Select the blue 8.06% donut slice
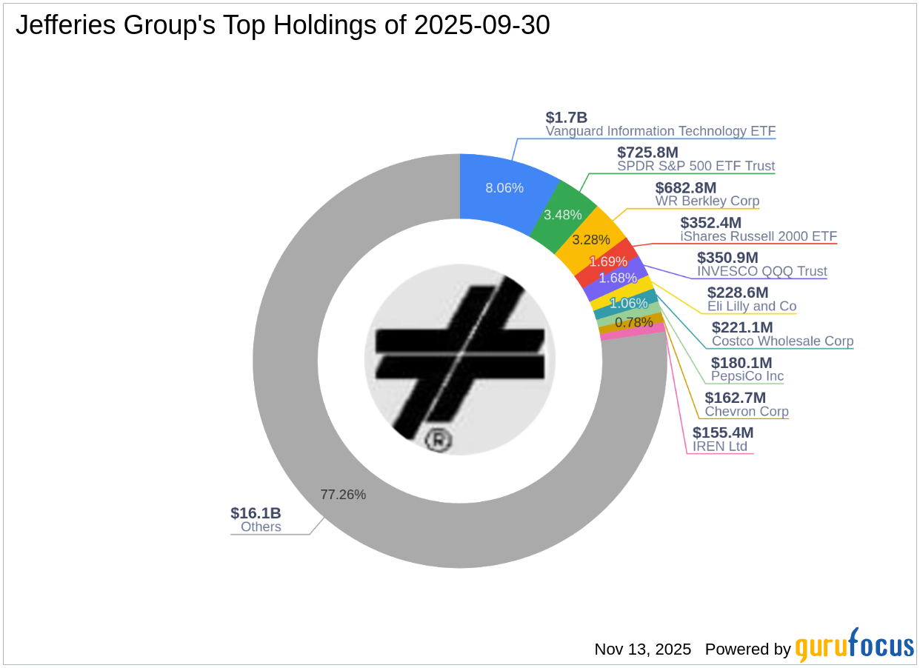click(504, 187)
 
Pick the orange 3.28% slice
click(592, 240)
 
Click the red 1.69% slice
click(607, 261)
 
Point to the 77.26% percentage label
click(343, 495)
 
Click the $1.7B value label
click(566, 117)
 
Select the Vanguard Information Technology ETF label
click(660, 131)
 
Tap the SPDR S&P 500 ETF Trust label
click(696, 166)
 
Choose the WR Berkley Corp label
click(707, 201)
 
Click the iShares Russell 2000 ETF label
click(759, 236)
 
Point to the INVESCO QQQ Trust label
click(761, 271)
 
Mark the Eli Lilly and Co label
click(751, 306)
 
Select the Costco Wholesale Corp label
click(782, 341)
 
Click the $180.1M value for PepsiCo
click(741, 363)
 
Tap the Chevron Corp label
click(746, 411)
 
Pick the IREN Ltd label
click(719, 447)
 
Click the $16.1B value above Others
click(256, 513)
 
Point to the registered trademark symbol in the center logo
click(439, 441)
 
